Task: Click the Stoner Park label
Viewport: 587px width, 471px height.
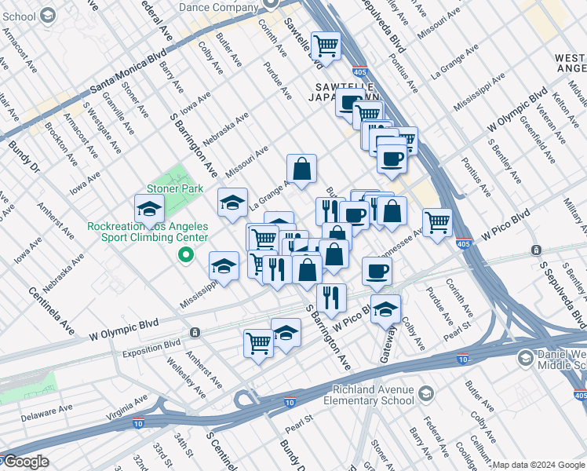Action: click(174, 188)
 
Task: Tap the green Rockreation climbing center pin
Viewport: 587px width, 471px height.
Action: click(186, 254)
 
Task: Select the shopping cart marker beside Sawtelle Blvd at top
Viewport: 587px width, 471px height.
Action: click(326, 45)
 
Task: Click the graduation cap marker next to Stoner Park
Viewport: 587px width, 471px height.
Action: click(149, 209)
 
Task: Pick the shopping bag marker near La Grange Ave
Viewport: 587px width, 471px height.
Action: click(301, 167)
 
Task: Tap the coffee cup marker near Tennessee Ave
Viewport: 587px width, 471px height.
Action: click(377, 271)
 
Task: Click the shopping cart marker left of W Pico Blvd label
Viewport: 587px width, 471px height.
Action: click(437, 221)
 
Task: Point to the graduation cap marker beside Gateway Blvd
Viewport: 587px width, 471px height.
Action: click(385, 309)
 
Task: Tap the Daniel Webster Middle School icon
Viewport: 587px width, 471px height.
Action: click(525, 359)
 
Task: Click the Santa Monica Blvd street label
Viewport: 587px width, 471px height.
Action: click(128, 70)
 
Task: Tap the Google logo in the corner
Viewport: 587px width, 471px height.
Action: click(25, 462)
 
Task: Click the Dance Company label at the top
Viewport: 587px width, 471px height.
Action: click(217, 7)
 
